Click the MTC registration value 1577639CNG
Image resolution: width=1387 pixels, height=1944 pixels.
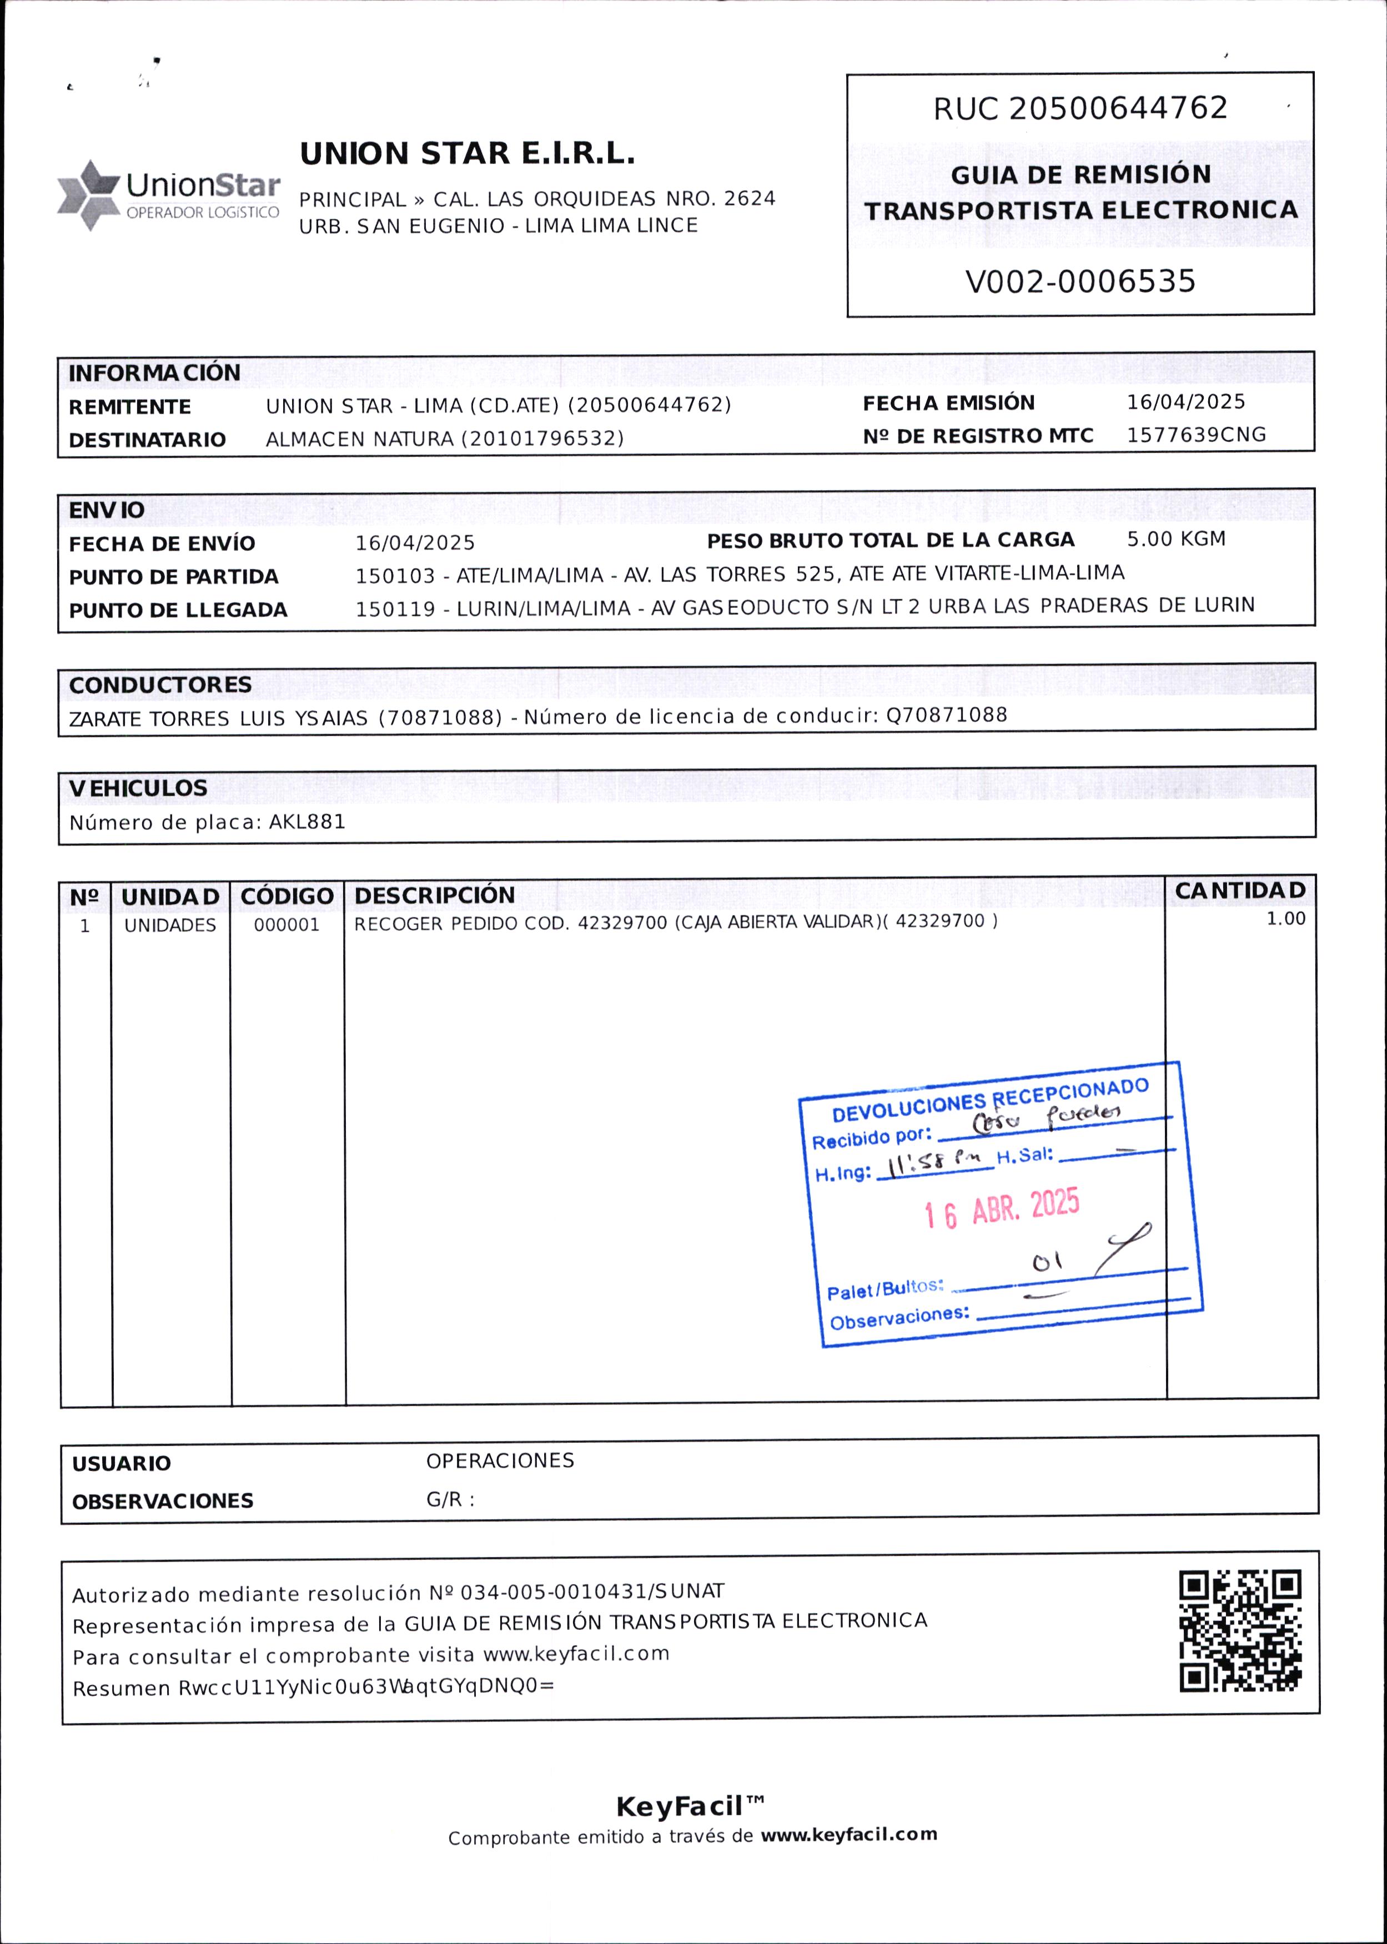pos(1195,435)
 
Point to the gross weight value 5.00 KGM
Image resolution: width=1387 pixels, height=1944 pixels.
pos(1176,538)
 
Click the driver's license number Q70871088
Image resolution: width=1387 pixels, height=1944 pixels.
pos(946,714)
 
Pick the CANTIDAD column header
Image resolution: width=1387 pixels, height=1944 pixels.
pos(1240,890)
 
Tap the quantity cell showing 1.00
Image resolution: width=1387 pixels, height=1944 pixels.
pos(1285,919)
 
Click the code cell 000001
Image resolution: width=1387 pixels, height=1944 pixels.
pos(286,925)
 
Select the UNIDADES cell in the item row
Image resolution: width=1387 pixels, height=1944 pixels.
pos(170,925)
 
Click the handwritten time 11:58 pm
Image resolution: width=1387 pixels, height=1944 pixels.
pos(933,1164)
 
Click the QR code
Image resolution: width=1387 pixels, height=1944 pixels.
pos(1240,1631)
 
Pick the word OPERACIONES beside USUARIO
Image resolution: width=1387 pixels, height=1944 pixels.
pos(500,1460)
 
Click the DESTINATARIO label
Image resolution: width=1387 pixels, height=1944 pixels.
pos(147,440)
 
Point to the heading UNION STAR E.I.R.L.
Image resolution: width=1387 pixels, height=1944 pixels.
pos(467,154)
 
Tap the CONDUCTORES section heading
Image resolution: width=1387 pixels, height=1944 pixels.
pos(160,684)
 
